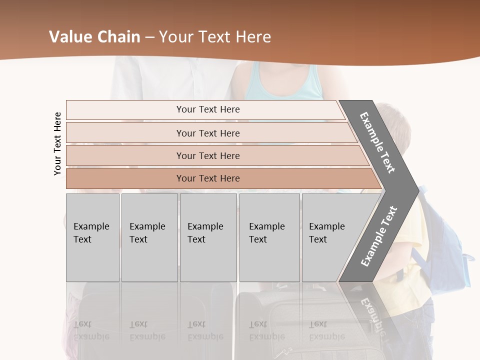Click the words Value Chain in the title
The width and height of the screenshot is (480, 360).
[x=94, y=37]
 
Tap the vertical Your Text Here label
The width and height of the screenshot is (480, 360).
[x=57, y=143]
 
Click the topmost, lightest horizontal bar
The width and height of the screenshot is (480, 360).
[x=207, y=109]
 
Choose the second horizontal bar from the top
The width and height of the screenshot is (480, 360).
[x=207, y=133]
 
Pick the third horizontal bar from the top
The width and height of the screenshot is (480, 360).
[x=207, y=155]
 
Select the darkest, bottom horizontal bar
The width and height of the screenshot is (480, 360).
[x=207, y=178]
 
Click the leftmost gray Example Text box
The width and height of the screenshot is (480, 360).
[x=92, y=237]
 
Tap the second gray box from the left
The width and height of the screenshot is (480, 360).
[x=149, y=237]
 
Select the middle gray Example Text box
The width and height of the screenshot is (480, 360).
[x=208, y=237]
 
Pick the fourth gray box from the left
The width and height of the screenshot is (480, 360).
[x=269, y=237]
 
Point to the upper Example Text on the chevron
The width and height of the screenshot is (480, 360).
[x=377, y=142]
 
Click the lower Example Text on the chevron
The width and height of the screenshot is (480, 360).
[x=379, y=236]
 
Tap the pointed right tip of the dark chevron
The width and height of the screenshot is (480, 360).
[x=416, y=190]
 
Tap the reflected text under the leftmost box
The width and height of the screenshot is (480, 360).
[x=91, y=330]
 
